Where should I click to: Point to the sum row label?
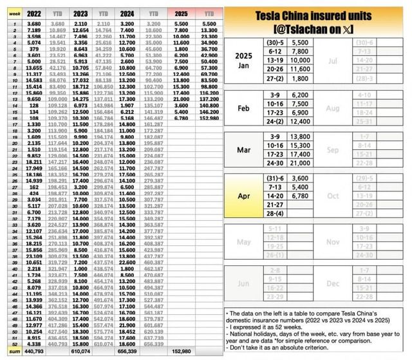[9, 352]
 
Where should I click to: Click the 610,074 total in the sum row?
[80, 352]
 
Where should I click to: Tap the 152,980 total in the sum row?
[182, 352]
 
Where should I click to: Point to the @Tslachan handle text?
[317, 30]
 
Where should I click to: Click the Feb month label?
[243, 108]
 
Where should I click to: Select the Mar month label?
[243, 151]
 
